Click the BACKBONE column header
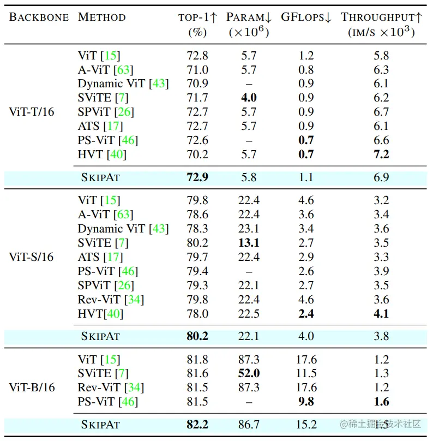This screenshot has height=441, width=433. pos(39,17)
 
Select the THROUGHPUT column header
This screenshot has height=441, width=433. pos(381,17)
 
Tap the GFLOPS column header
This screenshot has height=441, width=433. pos(306,17)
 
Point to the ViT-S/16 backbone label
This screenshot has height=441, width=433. pos(32,257)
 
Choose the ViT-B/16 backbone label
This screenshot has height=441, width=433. pos(32,388)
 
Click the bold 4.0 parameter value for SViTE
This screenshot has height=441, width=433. pos(249,98)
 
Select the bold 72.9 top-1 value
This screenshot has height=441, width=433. pos(197,178)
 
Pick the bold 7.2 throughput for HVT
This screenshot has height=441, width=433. pos(381,154)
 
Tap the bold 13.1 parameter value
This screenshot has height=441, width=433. pos(249,243)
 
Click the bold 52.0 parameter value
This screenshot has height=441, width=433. pos(249,374)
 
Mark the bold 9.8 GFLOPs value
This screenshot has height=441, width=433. pos(306,402)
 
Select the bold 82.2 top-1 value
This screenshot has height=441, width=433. pos(197,424)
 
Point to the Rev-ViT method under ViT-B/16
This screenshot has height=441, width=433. pos(107,388)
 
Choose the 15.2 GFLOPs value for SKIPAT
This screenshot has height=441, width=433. pos(306,424)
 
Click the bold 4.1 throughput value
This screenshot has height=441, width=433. pos(381,314)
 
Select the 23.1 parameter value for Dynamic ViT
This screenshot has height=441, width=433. pos(249,229)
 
